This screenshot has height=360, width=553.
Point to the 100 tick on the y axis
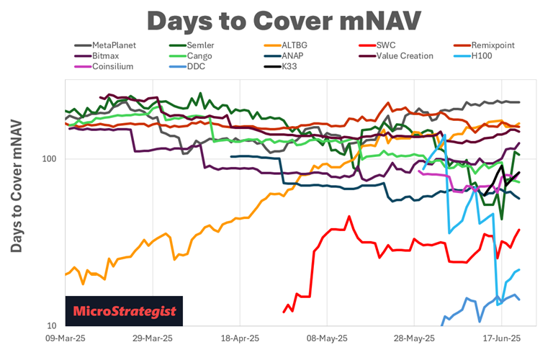pos(53,159)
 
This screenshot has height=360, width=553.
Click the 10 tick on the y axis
pos(55,325)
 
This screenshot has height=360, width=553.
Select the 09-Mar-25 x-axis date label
pos(66,337)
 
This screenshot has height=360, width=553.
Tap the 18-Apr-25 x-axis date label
pos(240,337)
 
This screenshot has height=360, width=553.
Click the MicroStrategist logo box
pos(124,311)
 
